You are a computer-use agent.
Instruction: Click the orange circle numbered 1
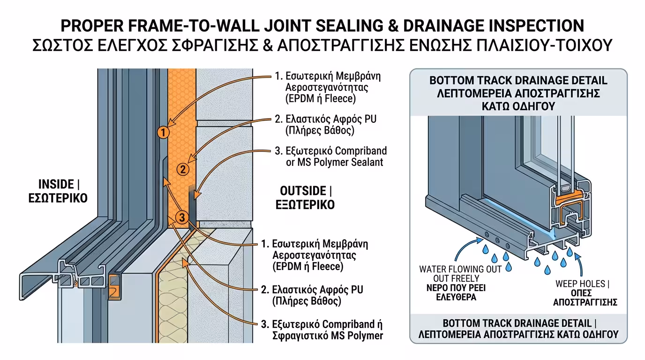click(163, 133)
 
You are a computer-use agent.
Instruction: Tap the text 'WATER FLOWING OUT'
click(460, 269)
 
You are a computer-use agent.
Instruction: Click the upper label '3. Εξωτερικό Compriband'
click(331, 151)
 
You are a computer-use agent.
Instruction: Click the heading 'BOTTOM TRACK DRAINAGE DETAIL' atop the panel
click(518, 81)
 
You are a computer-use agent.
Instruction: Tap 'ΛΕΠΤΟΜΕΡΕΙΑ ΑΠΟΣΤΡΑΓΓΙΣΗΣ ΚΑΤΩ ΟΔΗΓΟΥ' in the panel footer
click(518, 335)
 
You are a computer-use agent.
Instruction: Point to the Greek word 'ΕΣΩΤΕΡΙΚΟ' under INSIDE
click(56, 198)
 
